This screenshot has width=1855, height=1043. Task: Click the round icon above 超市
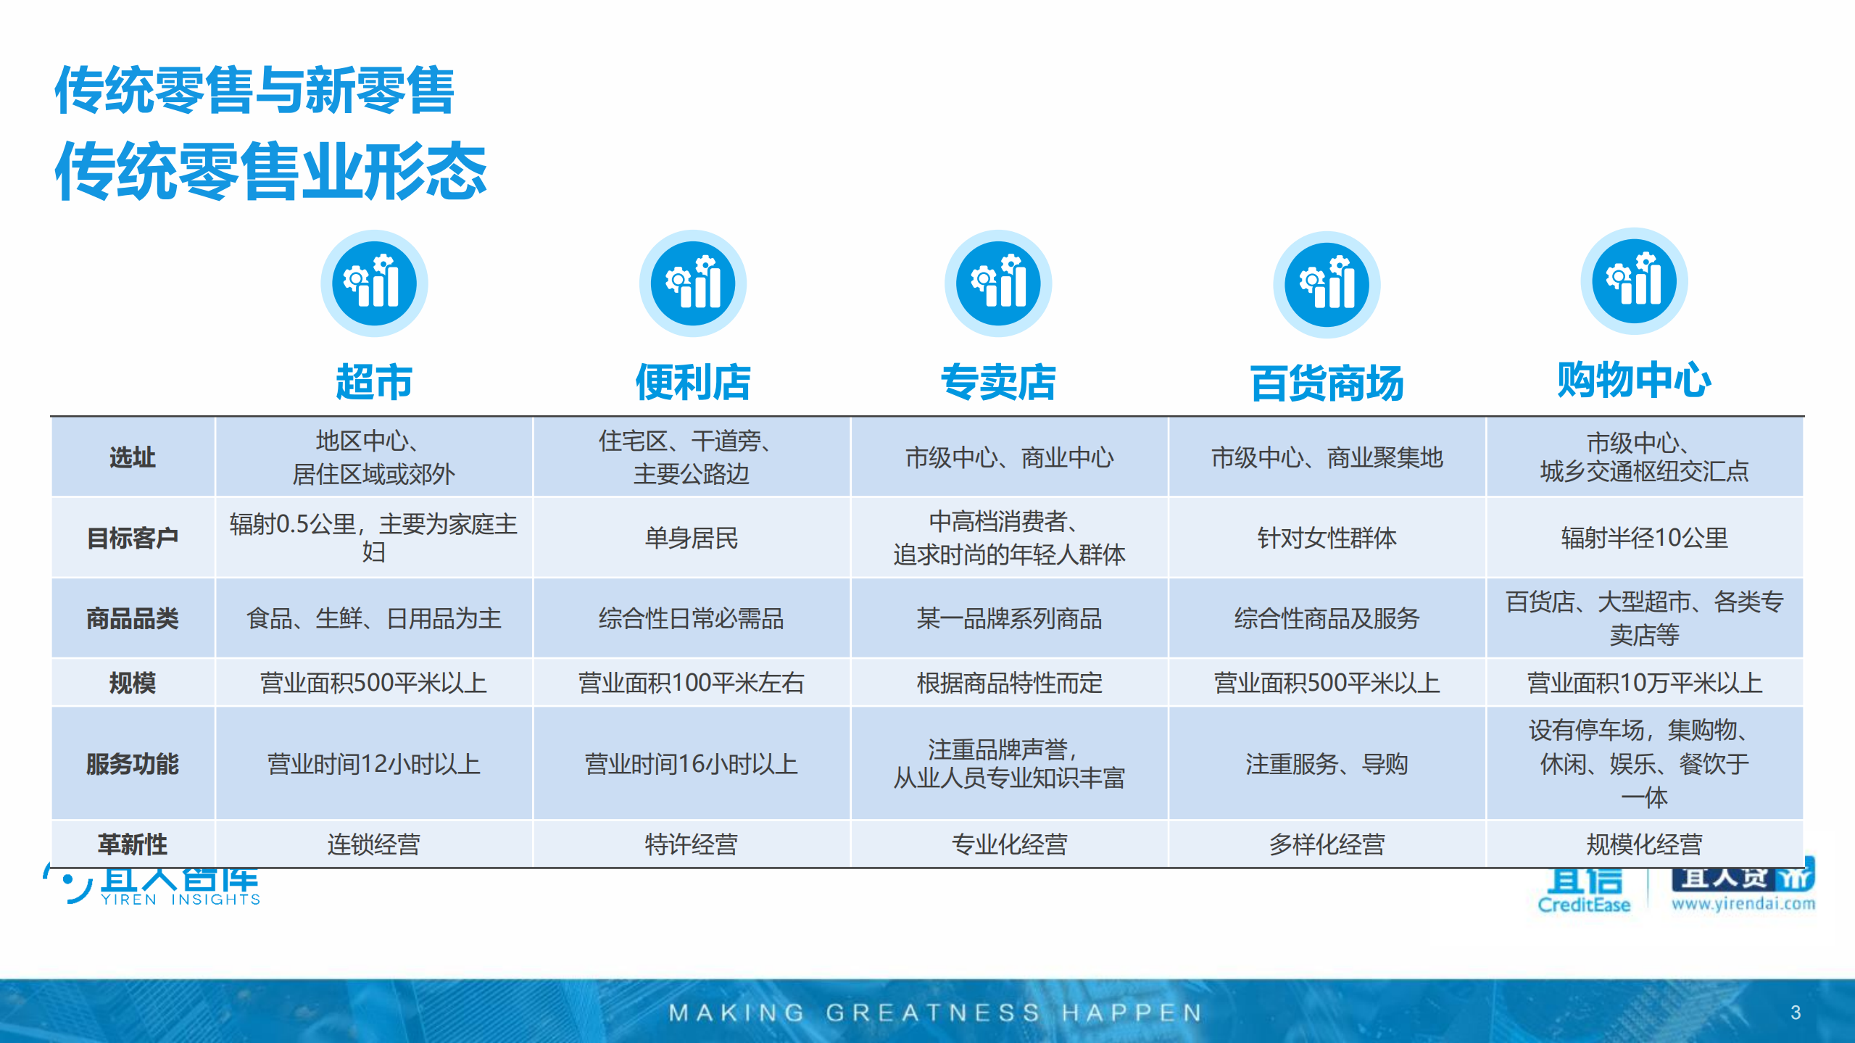[374, 283]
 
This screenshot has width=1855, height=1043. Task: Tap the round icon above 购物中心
[1634, 281]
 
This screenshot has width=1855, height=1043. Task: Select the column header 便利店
[692, 382]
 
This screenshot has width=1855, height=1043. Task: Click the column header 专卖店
[998, 382]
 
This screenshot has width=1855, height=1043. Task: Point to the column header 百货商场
[1327, 383]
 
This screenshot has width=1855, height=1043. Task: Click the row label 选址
[132, 457]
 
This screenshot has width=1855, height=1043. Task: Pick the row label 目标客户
[132, 538]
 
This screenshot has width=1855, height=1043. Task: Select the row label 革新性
[132, 844]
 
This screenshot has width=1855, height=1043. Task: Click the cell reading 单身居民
[691, 538]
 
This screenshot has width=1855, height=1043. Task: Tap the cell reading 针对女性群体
[1327, 538]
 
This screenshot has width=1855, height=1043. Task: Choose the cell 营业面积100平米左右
[691, 683]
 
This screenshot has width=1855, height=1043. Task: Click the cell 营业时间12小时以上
[373, 764]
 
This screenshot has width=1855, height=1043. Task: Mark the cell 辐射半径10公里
[1644, 538]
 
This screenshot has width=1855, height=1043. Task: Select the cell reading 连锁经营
[373, 844]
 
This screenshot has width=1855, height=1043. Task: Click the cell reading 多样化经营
[1327, 844]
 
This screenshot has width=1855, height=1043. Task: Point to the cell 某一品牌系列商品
[1008, 618]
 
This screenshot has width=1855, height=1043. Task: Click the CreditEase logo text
[1584, 905]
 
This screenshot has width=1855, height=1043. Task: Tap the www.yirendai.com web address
[1743, 904]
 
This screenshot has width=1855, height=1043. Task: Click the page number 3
[1795, 1013]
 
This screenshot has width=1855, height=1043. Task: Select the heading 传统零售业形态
[270, 172]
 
